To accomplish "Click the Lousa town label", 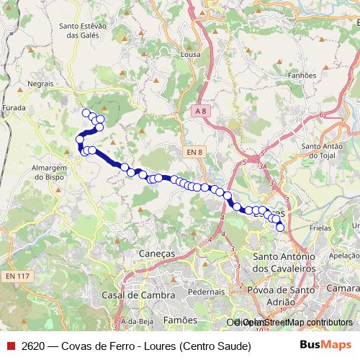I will point(192,54).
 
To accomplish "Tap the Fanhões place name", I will point(301,75).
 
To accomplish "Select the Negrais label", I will point(41,84).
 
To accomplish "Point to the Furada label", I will point(14,107).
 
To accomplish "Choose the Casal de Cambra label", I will point(139,295).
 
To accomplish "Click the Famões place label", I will point(180,319).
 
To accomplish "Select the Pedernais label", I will point(207,292).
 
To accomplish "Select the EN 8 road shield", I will point(194,152).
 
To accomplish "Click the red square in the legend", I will point(10,346).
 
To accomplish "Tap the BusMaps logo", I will point(325,346).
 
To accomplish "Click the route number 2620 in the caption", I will point(33,346).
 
